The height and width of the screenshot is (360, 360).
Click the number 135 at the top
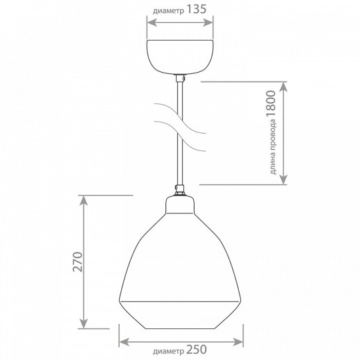196,10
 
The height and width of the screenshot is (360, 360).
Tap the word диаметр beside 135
168,11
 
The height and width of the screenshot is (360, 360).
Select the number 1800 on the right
271,105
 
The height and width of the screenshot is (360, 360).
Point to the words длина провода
273,147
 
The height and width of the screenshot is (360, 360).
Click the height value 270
78,262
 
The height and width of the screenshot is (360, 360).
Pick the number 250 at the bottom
197,350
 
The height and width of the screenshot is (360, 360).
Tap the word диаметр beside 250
168,352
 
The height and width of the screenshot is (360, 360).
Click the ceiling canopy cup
180,57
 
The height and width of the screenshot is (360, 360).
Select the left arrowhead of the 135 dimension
152,23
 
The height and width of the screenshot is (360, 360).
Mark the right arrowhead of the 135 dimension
208,23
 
